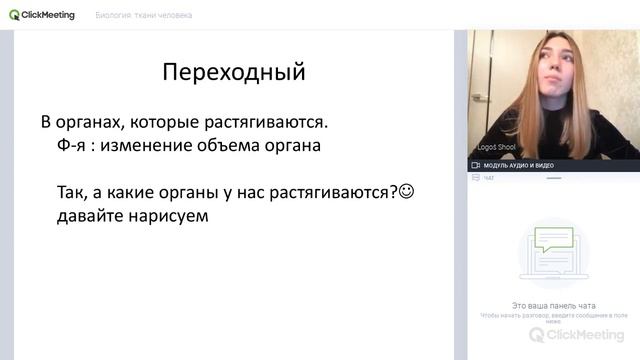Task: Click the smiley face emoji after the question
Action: [406, 190]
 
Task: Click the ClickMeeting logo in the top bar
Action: [41, 15]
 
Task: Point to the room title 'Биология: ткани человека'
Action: [144, 16]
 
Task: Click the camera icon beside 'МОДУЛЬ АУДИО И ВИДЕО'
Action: [475, 165]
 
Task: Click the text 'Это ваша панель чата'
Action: [553, 304]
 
